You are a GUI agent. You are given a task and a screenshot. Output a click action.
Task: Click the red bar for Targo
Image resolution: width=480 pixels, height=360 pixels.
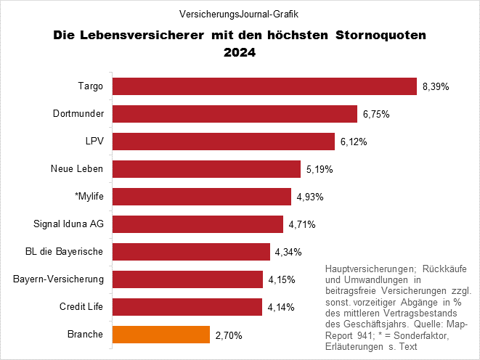point(265,86)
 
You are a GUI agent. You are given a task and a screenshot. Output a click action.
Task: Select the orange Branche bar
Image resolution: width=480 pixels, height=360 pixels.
point(160,335)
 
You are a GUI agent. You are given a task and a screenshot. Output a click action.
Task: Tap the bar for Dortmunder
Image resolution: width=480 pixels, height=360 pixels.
point(235,114)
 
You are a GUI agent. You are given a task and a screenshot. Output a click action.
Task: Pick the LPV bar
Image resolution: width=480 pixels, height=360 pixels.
point(224,142)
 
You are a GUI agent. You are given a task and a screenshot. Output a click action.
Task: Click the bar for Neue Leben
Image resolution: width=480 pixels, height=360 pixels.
point(206,169)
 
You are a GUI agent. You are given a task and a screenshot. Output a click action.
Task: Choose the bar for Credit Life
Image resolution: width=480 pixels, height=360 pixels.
point(187,307)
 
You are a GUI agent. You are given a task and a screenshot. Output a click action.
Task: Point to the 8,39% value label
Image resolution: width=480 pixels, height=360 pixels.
point(436,86)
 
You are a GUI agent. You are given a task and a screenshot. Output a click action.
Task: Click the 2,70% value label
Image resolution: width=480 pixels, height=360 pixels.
point(229,335)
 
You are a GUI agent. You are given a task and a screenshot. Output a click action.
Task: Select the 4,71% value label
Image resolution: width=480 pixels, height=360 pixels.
point(301,225)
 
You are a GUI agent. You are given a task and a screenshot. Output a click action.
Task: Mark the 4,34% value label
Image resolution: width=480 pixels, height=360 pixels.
point(288,253)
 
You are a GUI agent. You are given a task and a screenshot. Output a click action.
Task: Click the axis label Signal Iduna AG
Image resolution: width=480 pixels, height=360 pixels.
point(69,224)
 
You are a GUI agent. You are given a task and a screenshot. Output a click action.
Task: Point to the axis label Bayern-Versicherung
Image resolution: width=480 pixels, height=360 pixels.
point(59,279)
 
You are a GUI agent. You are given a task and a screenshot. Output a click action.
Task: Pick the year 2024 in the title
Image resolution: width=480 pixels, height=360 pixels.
point(240,52)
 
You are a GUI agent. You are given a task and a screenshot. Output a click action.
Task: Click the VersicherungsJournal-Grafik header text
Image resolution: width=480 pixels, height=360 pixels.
point(239,15)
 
